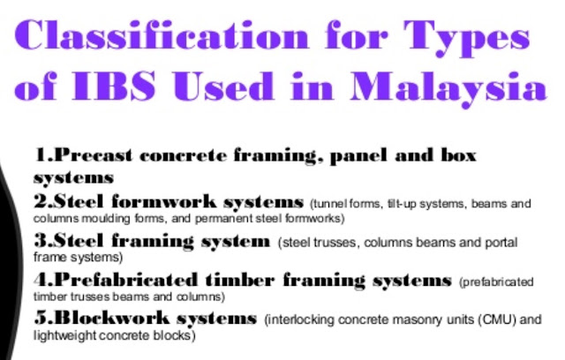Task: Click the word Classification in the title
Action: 162,35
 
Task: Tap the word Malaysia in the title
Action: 448,88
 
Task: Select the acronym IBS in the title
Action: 114,86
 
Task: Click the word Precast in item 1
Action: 94,155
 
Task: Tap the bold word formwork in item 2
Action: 164,201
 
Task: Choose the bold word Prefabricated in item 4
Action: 126,280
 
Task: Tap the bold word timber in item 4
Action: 240,280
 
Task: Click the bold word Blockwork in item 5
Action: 112,318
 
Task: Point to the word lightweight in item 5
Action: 64,335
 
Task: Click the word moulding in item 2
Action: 107,219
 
